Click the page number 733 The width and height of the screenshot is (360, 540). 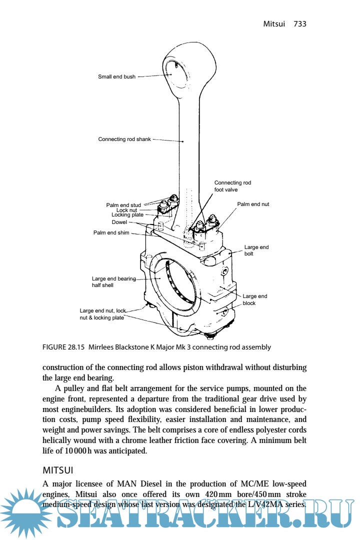point(300,24)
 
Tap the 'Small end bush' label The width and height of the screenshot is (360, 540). point(116,77)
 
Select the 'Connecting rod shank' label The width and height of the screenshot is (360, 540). point(124,139)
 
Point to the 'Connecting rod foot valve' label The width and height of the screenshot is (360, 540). point(232,186)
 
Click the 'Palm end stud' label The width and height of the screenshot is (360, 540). point(123,205)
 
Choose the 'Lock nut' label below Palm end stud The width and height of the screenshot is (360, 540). point(126,210)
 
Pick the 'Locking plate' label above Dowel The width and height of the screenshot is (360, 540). point(127,215)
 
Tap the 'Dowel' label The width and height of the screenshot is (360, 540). point(119,222)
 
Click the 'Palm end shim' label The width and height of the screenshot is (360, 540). point(111,232)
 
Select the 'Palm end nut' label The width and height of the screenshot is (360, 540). point(253,204)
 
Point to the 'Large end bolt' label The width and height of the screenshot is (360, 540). point(256,250)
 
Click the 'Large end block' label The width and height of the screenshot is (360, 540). point(254,299)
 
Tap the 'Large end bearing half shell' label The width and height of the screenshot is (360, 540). point(113,282)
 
